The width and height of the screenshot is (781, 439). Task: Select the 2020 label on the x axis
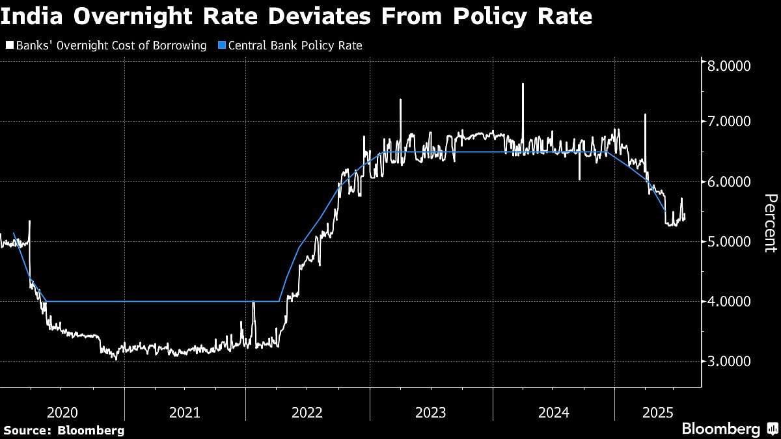click(63, 412)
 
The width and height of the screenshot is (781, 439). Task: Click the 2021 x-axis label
click(185, 412)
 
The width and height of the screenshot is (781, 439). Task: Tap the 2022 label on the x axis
click(308, 412)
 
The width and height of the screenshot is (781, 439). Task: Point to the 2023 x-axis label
click(430, 412)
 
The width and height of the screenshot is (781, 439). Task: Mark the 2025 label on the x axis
click(657, 412)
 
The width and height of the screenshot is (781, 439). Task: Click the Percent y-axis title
click(770, 222)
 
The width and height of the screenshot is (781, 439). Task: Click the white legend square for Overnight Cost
click(8, 46)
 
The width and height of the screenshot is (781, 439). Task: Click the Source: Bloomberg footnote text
click(63, 430)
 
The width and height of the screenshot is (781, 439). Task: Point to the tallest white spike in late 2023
click(522, 84)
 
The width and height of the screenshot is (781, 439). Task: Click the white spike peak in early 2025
click(645, 114)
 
